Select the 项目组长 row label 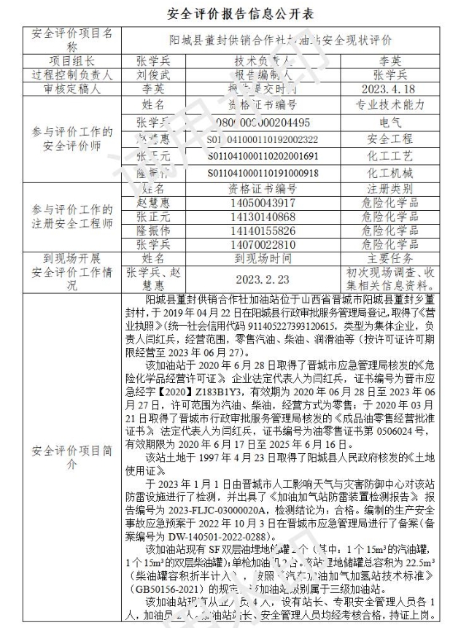(x=72, y=61)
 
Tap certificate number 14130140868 (x=263, y=217)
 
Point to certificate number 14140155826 (x=263, y=231)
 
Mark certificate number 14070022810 (x=263, y=245)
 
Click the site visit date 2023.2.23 (x=263, y=279)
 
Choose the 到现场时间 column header (x=263, y=258)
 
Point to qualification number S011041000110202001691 (x=263, y=156)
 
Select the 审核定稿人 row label (x=72, y=88)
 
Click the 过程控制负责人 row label (x=72, y=74)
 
